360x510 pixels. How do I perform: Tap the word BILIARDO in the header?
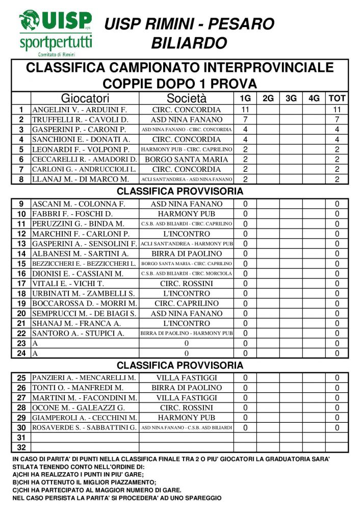(x=189, y=43)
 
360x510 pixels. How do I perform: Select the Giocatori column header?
(x=85, y=98)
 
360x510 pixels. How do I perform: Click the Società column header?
(x=187, y=98)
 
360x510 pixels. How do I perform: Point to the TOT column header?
(x=337, y=98)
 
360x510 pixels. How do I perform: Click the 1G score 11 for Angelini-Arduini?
(x=245, y=110)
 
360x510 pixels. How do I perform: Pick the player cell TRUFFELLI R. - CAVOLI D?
(x=80, y=119)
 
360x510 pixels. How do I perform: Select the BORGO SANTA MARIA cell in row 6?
(x=187, y=159)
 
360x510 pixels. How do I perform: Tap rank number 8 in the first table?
(x=21, y=179)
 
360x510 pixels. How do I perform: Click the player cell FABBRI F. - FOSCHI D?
(x=72, y=214)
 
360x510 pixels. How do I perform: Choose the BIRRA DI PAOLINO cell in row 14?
(x=187, y=253)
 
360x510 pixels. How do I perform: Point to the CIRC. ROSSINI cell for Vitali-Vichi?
(x=187, y=284)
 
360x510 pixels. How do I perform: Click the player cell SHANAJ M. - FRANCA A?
(x=76, y=323)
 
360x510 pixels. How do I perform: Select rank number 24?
(x=21, y=353)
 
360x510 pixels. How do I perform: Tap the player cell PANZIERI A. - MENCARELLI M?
(x=84, y=378)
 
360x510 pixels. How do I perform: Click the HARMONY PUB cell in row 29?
(x=187, y=418)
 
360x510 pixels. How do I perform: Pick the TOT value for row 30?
(x=337, y=428)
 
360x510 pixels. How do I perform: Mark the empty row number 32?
(x=21, y=448)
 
